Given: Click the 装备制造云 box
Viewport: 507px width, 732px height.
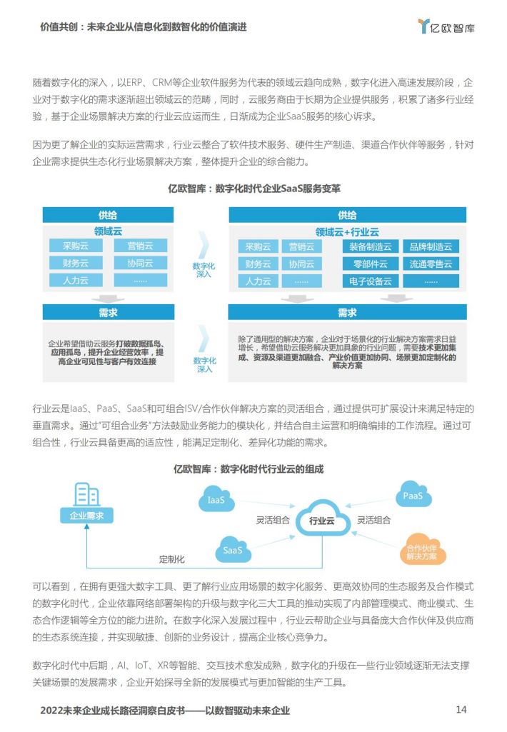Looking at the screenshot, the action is pyautogui.click(x=370, y=246).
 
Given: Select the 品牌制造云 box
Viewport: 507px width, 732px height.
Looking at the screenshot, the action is pyautogui.click(x=431, y=246).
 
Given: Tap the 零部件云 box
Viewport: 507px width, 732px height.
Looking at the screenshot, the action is pyautogui.click(x=370, y=264).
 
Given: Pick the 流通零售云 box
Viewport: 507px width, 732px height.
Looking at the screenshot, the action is pyautogui.click(x=431, y=264).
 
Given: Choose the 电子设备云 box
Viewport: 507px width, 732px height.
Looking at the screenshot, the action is pyautogui.click(x=370, y=281).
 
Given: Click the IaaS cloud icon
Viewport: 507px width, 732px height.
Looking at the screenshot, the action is pyautogui.click(x=216, y=498).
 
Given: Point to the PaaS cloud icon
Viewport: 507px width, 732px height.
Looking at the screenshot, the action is pyautogui.click(x=413, y=495).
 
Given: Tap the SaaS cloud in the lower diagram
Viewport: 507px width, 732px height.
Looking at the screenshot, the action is pyautogui.click(x=233, y=549).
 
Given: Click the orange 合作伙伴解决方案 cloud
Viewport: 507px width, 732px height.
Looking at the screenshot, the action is pyautogui.click(x=423, y=550).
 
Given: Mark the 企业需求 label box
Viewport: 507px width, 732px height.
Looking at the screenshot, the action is pyautogui.click(x=87, y=516).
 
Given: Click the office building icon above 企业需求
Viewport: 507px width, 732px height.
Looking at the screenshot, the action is pyautogui.click(x=87, y=494).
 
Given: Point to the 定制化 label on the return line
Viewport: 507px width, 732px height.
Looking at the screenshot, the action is pyautogui.click(x=172, y=559).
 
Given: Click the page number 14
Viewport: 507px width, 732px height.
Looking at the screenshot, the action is pyautogui.click(x=461, y=709).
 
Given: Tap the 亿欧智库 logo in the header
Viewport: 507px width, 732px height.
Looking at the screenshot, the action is pyautogui.click(x=446, y=26).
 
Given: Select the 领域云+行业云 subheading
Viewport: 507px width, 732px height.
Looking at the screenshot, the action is pyautogui.click(x=347, y=232).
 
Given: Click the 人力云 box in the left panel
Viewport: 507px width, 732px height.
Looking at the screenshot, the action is pyautogui.click(x=76, y=280).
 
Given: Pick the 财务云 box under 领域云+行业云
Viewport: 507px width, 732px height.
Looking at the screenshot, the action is pyautogui.click(x=258, y=264).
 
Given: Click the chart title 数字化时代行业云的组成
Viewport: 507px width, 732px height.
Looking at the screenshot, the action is pyautogui.click(x=249, y=468).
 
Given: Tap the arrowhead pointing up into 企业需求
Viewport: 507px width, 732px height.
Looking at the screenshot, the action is pyautogui.click(x=87, y=526).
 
